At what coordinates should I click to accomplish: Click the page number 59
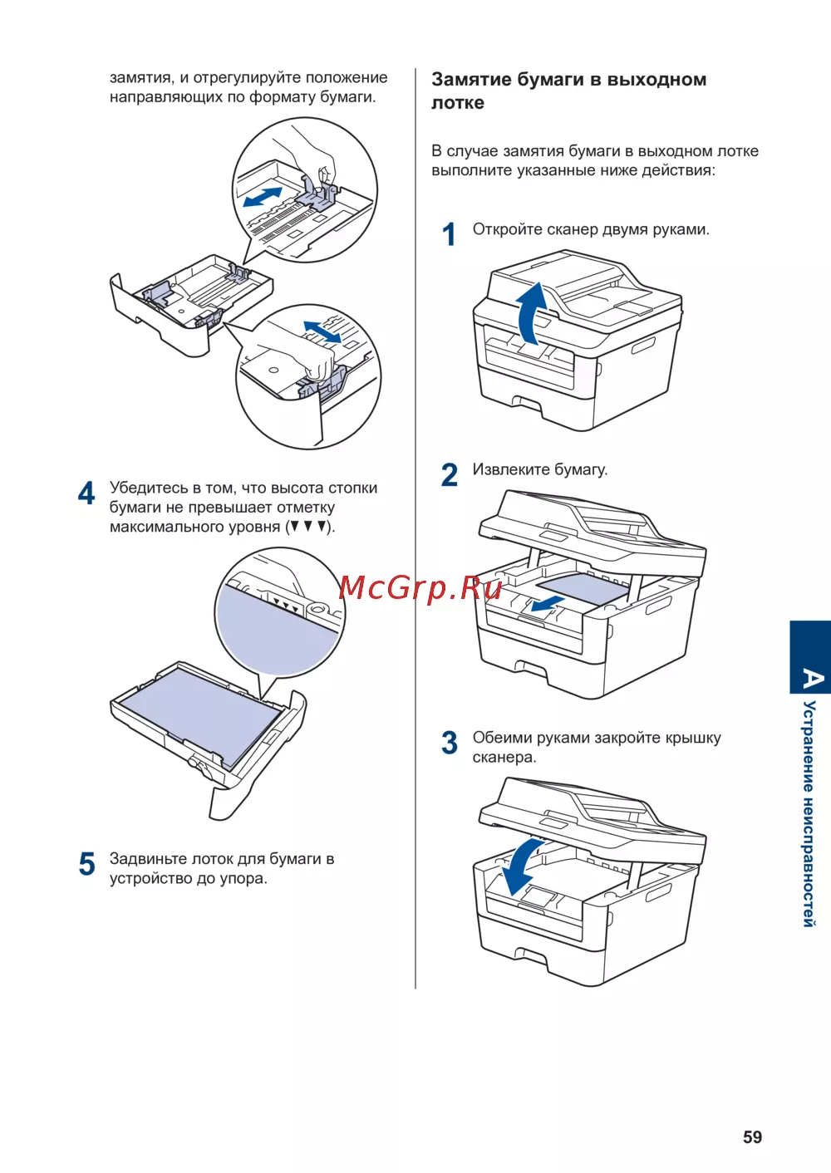coord(752,1137)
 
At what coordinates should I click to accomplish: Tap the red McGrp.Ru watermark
coord(420,588)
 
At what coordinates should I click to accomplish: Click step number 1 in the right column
coord(449,235)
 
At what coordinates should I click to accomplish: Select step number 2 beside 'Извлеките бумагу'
coord(450,475)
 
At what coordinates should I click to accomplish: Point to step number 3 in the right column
coord(450,743)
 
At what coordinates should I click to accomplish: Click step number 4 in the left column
coord(86,493)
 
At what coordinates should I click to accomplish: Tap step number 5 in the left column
coord(87,864)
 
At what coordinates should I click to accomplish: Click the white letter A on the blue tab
coord(811,679)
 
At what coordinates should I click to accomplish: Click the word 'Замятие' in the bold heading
coord(471,80)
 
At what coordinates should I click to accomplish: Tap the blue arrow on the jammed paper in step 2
coord(548,606)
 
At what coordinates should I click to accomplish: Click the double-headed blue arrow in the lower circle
coord(322,331)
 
